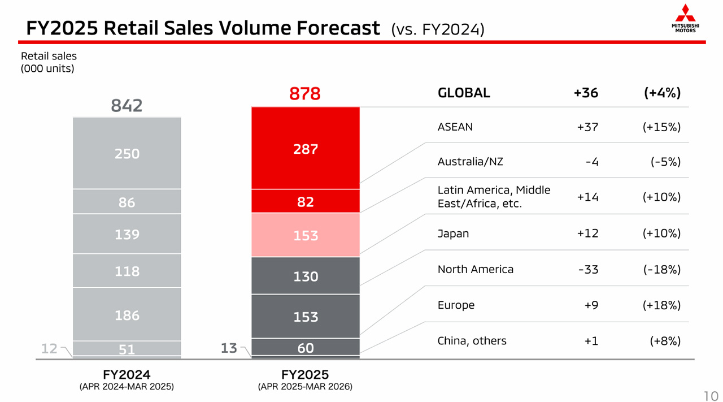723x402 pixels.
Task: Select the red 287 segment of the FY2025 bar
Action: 306,148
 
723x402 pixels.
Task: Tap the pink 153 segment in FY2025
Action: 306,235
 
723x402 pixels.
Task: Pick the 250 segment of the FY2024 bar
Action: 127,153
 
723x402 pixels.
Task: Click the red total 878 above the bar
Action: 305,93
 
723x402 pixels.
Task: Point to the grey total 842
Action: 127,105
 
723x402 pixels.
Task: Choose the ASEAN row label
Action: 455,127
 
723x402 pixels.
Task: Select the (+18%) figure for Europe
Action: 661,305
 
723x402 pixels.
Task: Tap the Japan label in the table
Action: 453,234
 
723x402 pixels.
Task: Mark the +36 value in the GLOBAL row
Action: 586,93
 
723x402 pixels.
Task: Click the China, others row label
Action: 472,341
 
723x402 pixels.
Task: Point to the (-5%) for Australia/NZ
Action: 665,162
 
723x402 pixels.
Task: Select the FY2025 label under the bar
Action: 305,374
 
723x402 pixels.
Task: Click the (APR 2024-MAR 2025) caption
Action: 127,387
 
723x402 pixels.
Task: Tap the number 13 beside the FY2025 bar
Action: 228,348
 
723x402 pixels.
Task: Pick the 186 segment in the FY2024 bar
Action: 127,314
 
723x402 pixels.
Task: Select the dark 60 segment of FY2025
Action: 306,347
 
